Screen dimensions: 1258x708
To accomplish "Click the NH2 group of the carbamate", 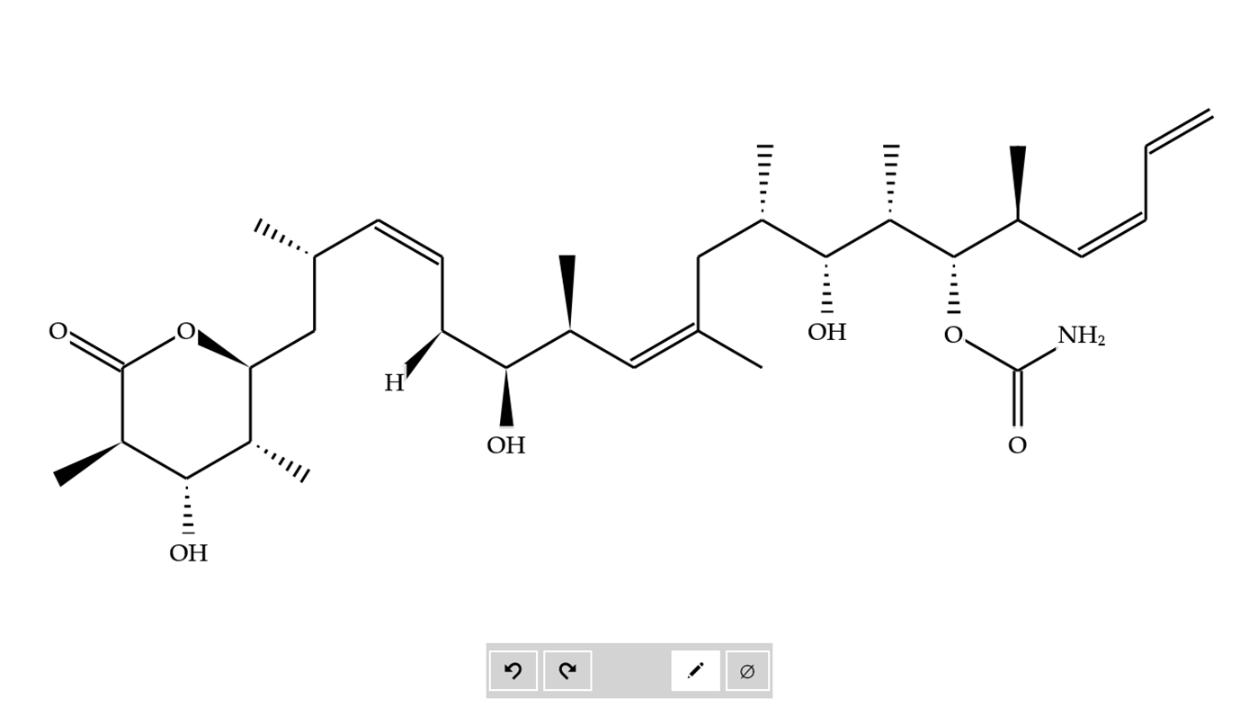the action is (x=1081, y=336).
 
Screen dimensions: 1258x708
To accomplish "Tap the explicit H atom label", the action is (x=394, y=383).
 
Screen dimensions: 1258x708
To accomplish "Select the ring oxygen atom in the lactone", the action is (x=186, y=332).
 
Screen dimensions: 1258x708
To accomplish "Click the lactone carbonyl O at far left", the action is (x=58, y=332).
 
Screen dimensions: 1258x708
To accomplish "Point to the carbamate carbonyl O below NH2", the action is (x=1017, y=445).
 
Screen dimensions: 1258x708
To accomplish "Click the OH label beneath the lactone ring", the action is (x=189, y=553).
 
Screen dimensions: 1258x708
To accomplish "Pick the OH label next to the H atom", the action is (x=506, y=445).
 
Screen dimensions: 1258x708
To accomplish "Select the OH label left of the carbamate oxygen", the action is (x=826, y=333).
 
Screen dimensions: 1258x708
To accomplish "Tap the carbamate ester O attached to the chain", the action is (x=953, y=336).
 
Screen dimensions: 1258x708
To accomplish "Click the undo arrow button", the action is (x=513, y=670).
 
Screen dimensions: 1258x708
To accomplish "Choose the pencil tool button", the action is (x=695, y=670).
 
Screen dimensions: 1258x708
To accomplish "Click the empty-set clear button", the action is (x=747, y=671).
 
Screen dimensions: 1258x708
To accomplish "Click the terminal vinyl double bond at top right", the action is (x=1179, y=130).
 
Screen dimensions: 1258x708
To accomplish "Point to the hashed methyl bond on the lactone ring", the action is (x=280, y=462).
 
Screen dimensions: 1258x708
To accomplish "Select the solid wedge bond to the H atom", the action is (x=423, y=354).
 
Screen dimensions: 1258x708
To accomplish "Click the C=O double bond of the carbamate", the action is (x=1018, y=399).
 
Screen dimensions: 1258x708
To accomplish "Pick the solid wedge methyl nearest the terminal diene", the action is (x=1018, y=183).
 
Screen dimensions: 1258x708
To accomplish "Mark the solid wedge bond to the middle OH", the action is (x=506, y=397).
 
